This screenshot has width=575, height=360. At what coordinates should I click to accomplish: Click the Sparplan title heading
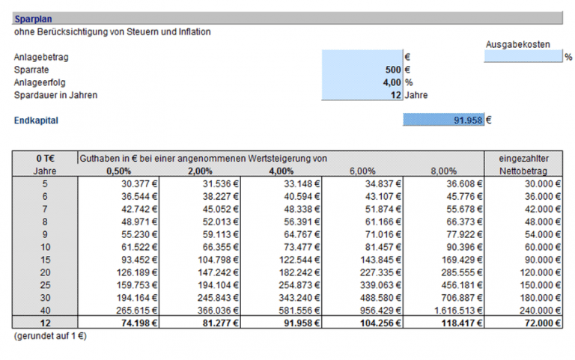28,19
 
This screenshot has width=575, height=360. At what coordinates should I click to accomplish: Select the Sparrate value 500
392,69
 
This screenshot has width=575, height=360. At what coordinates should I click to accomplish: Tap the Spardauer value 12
395,95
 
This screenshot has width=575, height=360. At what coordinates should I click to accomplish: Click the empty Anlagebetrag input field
362,56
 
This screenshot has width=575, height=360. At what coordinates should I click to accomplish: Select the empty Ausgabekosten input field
523,56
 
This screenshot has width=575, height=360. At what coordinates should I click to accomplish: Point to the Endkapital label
36,120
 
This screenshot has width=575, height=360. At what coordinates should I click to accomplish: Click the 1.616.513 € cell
452,309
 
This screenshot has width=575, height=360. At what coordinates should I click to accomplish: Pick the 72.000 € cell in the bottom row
539,323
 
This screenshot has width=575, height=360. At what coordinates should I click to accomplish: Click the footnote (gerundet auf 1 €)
50,337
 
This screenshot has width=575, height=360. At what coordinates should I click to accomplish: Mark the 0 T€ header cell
45,159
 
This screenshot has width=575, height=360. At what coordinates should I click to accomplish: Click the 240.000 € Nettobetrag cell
539,309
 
